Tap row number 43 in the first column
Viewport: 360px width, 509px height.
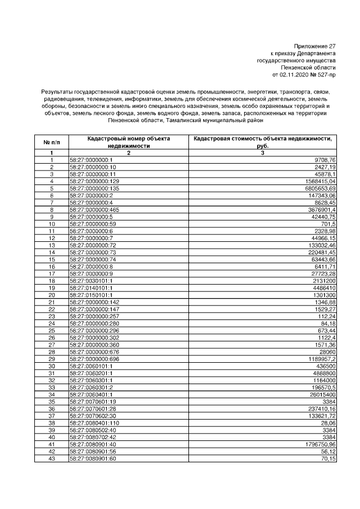[x=51, y=459]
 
